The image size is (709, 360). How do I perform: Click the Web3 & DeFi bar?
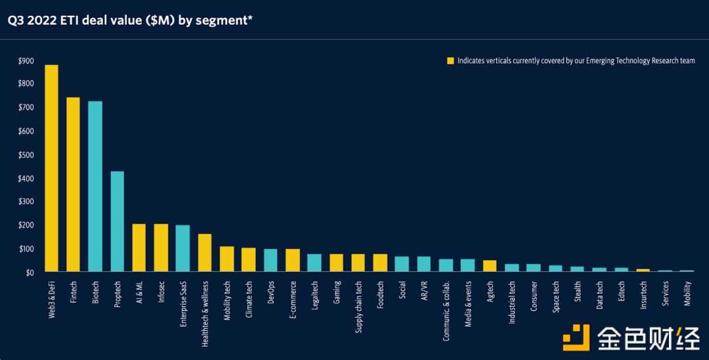(51, 168)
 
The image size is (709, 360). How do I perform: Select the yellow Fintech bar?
(73, 185)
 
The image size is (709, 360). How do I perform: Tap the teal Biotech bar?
(95, 187)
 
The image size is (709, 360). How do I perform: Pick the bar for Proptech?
(117, 221)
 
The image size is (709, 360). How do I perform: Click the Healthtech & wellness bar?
(205, 253)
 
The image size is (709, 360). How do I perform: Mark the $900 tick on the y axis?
(26, 61)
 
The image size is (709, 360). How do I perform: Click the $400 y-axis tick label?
(26, 179)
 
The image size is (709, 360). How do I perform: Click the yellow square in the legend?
(450, 61)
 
